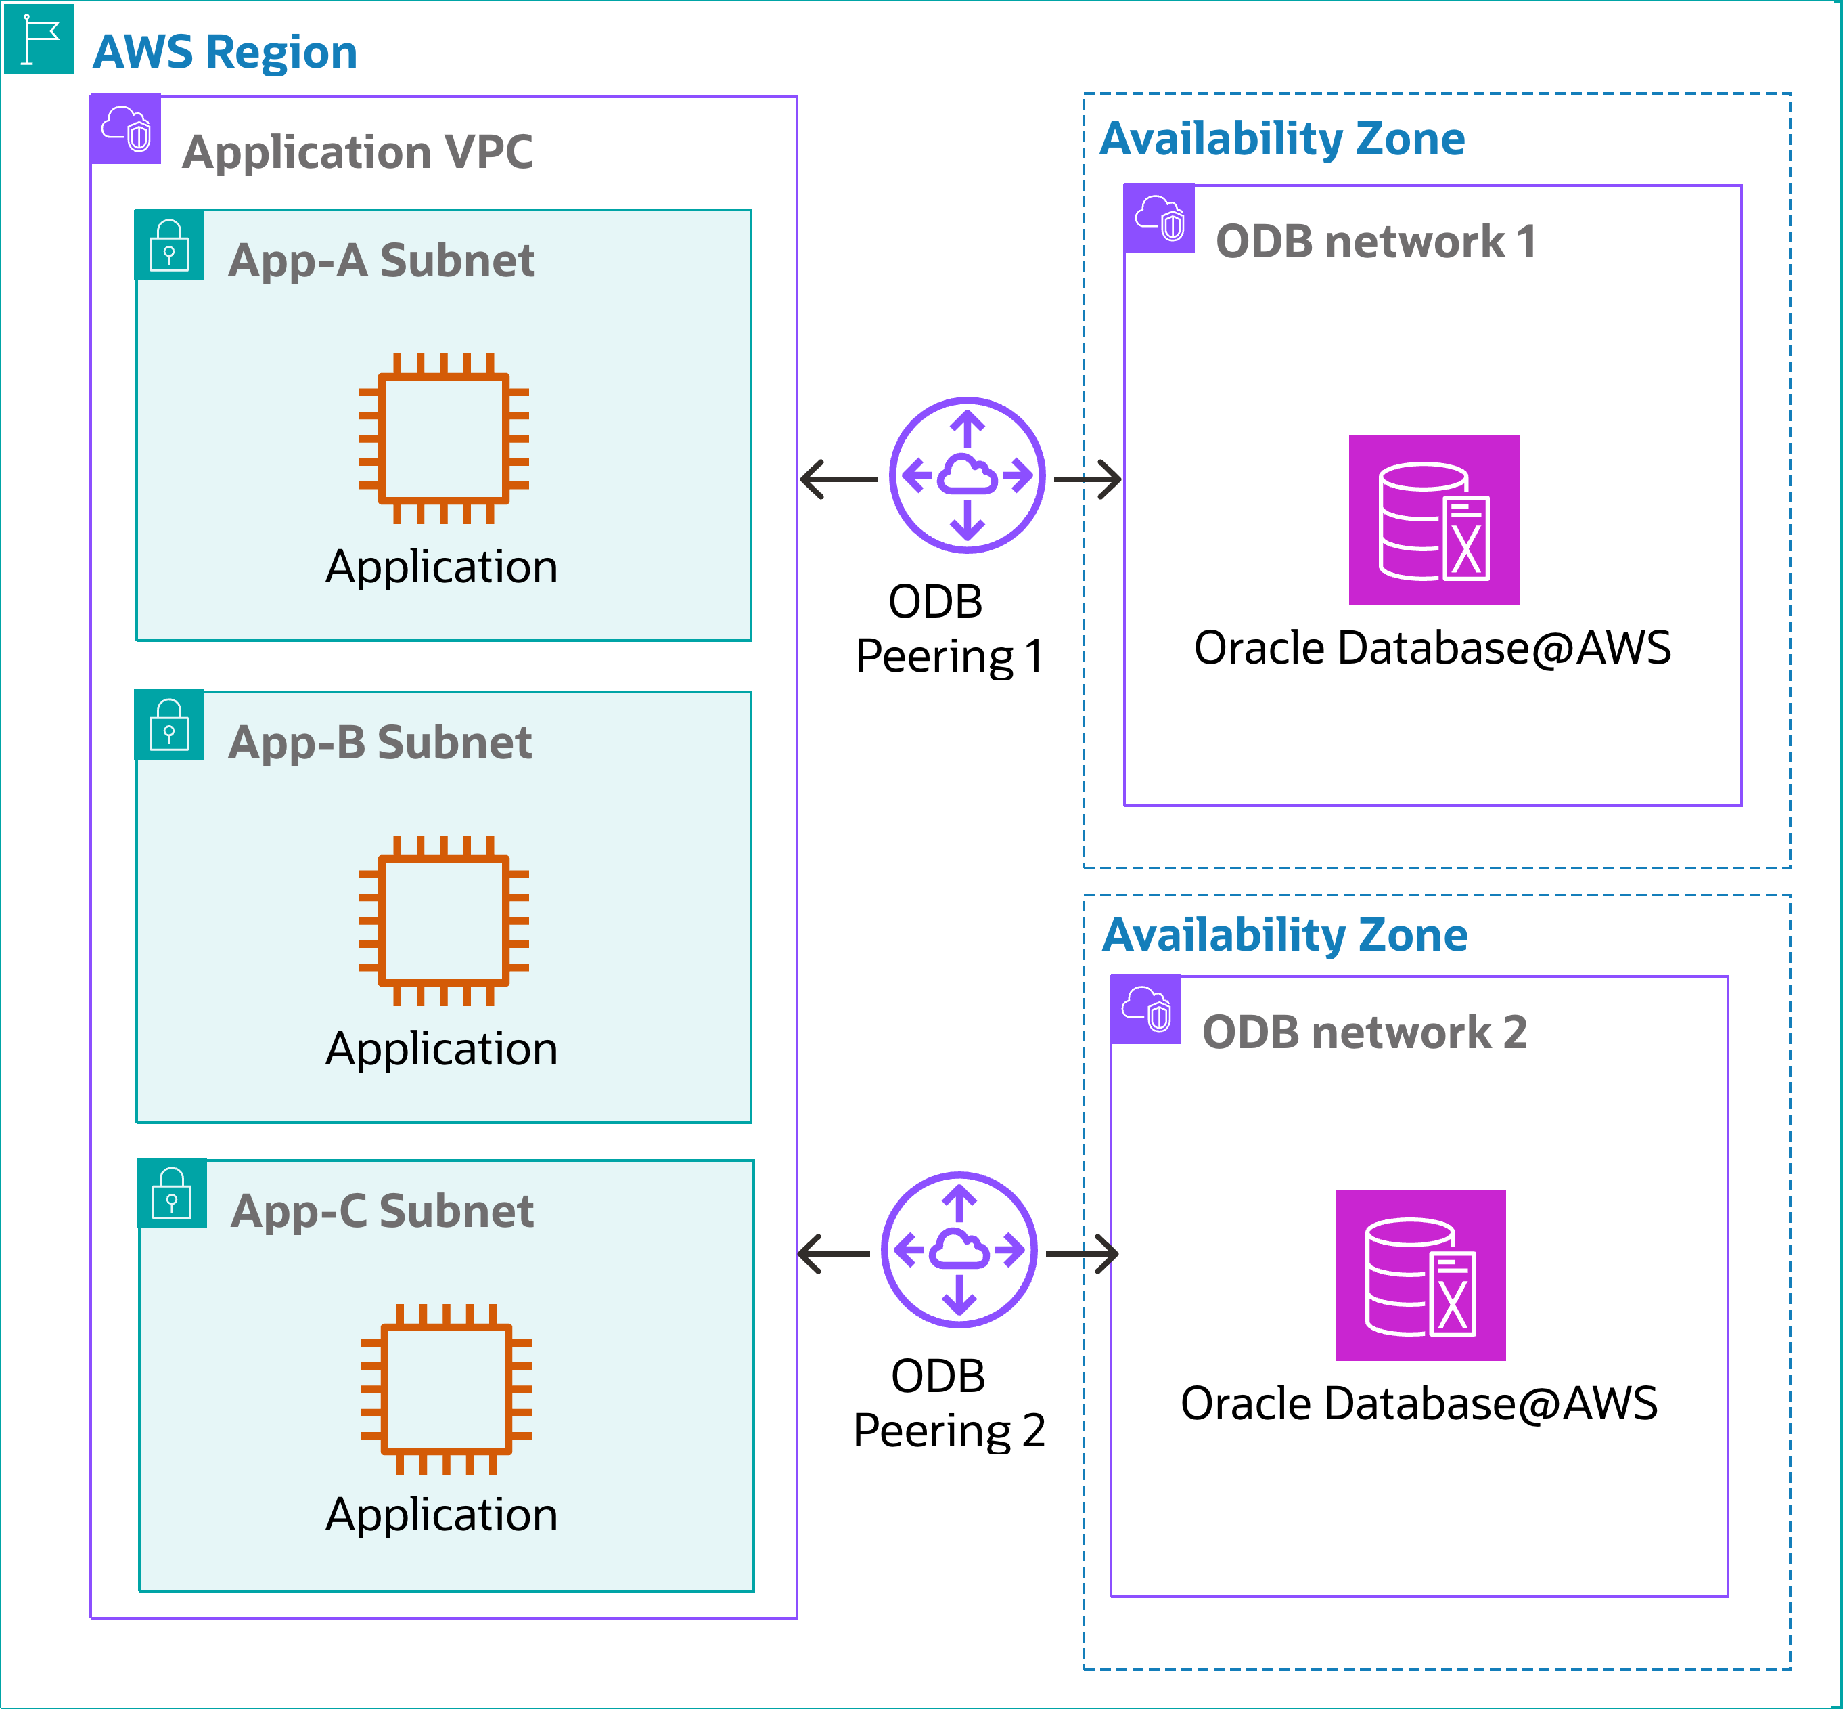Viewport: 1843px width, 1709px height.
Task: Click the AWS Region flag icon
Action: click(39, 39)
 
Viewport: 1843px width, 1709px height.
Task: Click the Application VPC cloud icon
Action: click(127, 129)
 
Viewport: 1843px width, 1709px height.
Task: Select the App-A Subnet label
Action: click(381, 260)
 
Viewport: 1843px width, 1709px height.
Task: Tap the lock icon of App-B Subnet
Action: click(169, 725)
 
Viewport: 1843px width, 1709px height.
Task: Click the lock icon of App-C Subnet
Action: click(172, 1193)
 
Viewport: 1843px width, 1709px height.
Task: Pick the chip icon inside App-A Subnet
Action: click(444, 438)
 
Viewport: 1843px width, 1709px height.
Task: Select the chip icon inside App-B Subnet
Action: click(444, 921)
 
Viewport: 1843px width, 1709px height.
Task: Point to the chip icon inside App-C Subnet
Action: click(447, 1389)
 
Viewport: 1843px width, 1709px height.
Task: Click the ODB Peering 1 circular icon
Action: click(967, 475)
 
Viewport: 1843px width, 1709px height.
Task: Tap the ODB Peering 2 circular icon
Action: click(959, 1251)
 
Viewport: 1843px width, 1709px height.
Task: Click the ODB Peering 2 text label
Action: click(949, 1404)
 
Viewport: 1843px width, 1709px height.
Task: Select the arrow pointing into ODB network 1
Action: click(1088, 479)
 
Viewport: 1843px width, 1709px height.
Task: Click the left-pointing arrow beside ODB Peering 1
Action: click(838, 479)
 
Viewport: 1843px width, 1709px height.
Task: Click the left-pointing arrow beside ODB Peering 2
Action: click(834, 1254)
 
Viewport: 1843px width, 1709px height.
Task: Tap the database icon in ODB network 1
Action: click(1434, 520)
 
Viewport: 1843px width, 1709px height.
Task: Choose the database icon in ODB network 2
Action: click(1421, 1275)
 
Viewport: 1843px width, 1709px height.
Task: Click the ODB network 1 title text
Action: click(1375, 242)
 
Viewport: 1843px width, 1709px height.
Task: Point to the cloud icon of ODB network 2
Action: click(1146, 1009)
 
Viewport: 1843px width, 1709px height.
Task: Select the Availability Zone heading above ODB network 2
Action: click(1285, 935)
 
